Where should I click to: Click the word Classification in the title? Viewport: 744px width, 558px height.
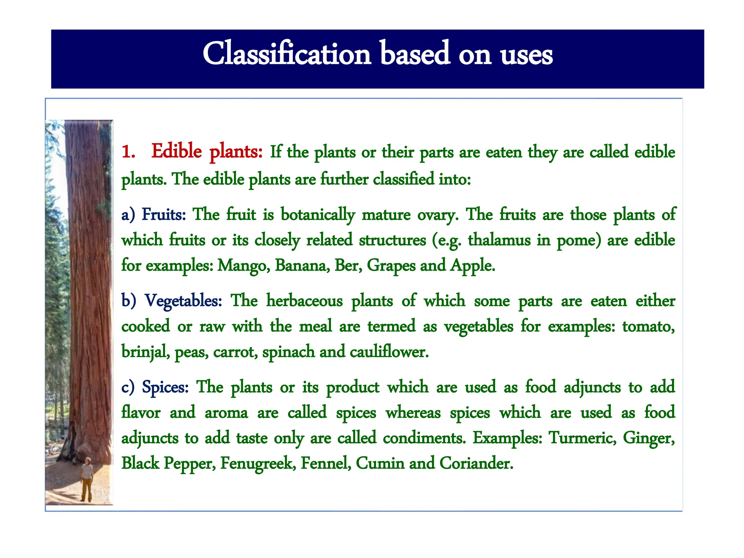tap(287, 54)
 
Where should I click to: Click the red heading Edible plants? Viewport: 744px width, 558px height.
tap(207, 151)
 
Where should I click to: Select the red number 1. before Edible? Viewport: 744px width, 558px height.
tap(128, 151)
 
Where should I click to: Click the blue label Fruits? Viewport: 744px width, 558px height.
tap(163, 214)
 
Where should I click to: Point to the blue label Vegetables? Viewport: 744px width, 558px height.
tap(183, 301)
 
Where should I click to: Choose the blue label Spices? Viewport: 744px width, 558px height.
tap(165, 387)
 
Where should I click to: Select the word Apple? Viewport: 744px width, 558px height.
tap(472, 266)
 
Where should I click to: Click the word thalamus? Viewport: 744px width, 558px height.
tap(499, 240)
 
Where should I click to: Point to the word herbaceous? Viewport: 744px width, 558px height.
tap(304, 301)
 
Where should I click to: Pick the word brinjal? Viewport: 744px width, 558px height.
tap(145, 352)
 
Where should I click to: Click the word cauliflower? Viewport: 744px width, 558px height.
tap(389, 352)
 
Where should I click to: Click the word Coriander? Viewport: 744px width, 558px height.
tap(476, 463)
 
